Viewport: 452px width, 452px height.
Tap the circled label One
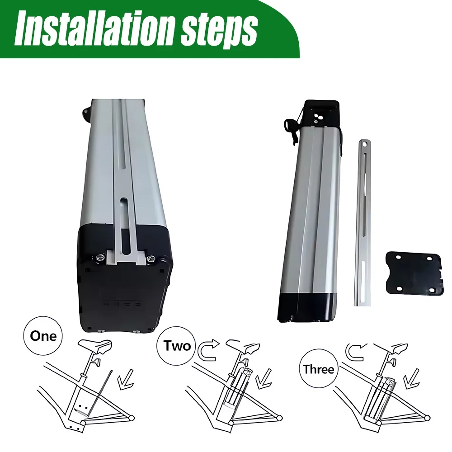43,336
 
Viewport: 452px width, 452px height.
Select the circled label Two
177,345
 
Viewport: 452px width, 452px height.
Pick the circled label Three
318,369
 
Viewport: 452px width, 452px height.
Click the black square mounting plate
414,273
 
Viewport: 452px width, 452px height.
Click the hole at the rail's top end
365,143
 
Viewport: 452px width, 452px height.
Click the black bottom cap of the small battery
307,307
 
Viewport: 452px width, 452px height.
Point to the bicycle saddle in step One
95,345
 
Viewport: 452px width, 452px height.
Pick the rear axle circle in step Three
427,417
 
